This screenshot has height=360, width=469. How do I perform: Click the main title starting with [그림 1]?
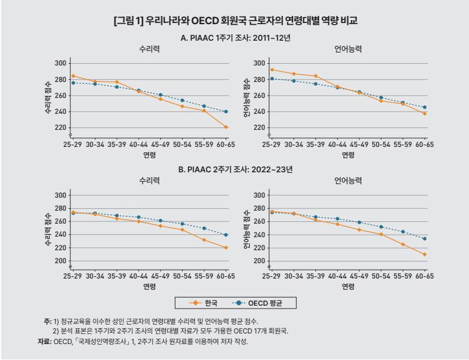(234, 21)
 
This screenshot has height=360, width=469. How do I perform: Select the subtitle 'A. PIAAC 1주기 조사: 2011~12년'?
(235, 38)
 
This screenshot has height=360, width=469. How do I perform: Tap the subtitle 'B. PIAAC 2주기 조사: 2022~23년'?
(235, 169)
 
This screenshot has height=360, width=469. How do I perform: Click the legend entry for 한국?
(204, 303)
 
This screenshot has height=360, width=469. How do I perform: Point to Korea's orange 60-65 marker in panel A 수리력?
(226, 127)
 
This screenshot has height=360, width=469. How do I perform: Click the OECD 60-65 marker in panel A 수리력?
(226, 112)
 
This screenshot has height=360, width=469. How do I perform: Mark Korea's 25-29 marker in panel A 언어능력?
(272, 70)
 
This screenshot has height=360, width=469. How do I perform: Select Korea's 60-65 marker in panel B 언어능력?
(425, 254)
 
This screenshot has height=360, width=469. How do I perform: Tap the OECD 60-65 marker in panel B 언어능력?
(425, 239)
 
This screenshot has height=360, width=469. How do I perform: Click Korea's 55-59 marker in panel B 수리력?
(204, 240)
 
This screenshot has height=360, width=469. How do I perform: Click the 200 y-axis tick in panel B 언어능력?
(258, 261)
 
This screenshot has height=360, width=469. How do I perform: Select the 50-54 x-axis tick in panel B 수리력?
(183, 276)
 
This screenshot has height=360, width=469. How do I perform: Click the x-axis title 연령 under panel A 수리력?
(149, 155)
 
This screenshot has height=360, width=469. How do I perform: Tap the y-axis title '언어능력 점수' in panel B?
(246, 228)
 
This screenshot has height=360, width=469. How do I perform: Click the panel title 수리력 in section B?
(149, 181)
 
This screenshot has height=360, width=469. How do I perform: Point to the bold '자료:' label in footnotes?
(44, 342)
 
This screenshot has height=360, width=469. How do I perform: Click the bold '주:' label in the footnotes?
(47, 320)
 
